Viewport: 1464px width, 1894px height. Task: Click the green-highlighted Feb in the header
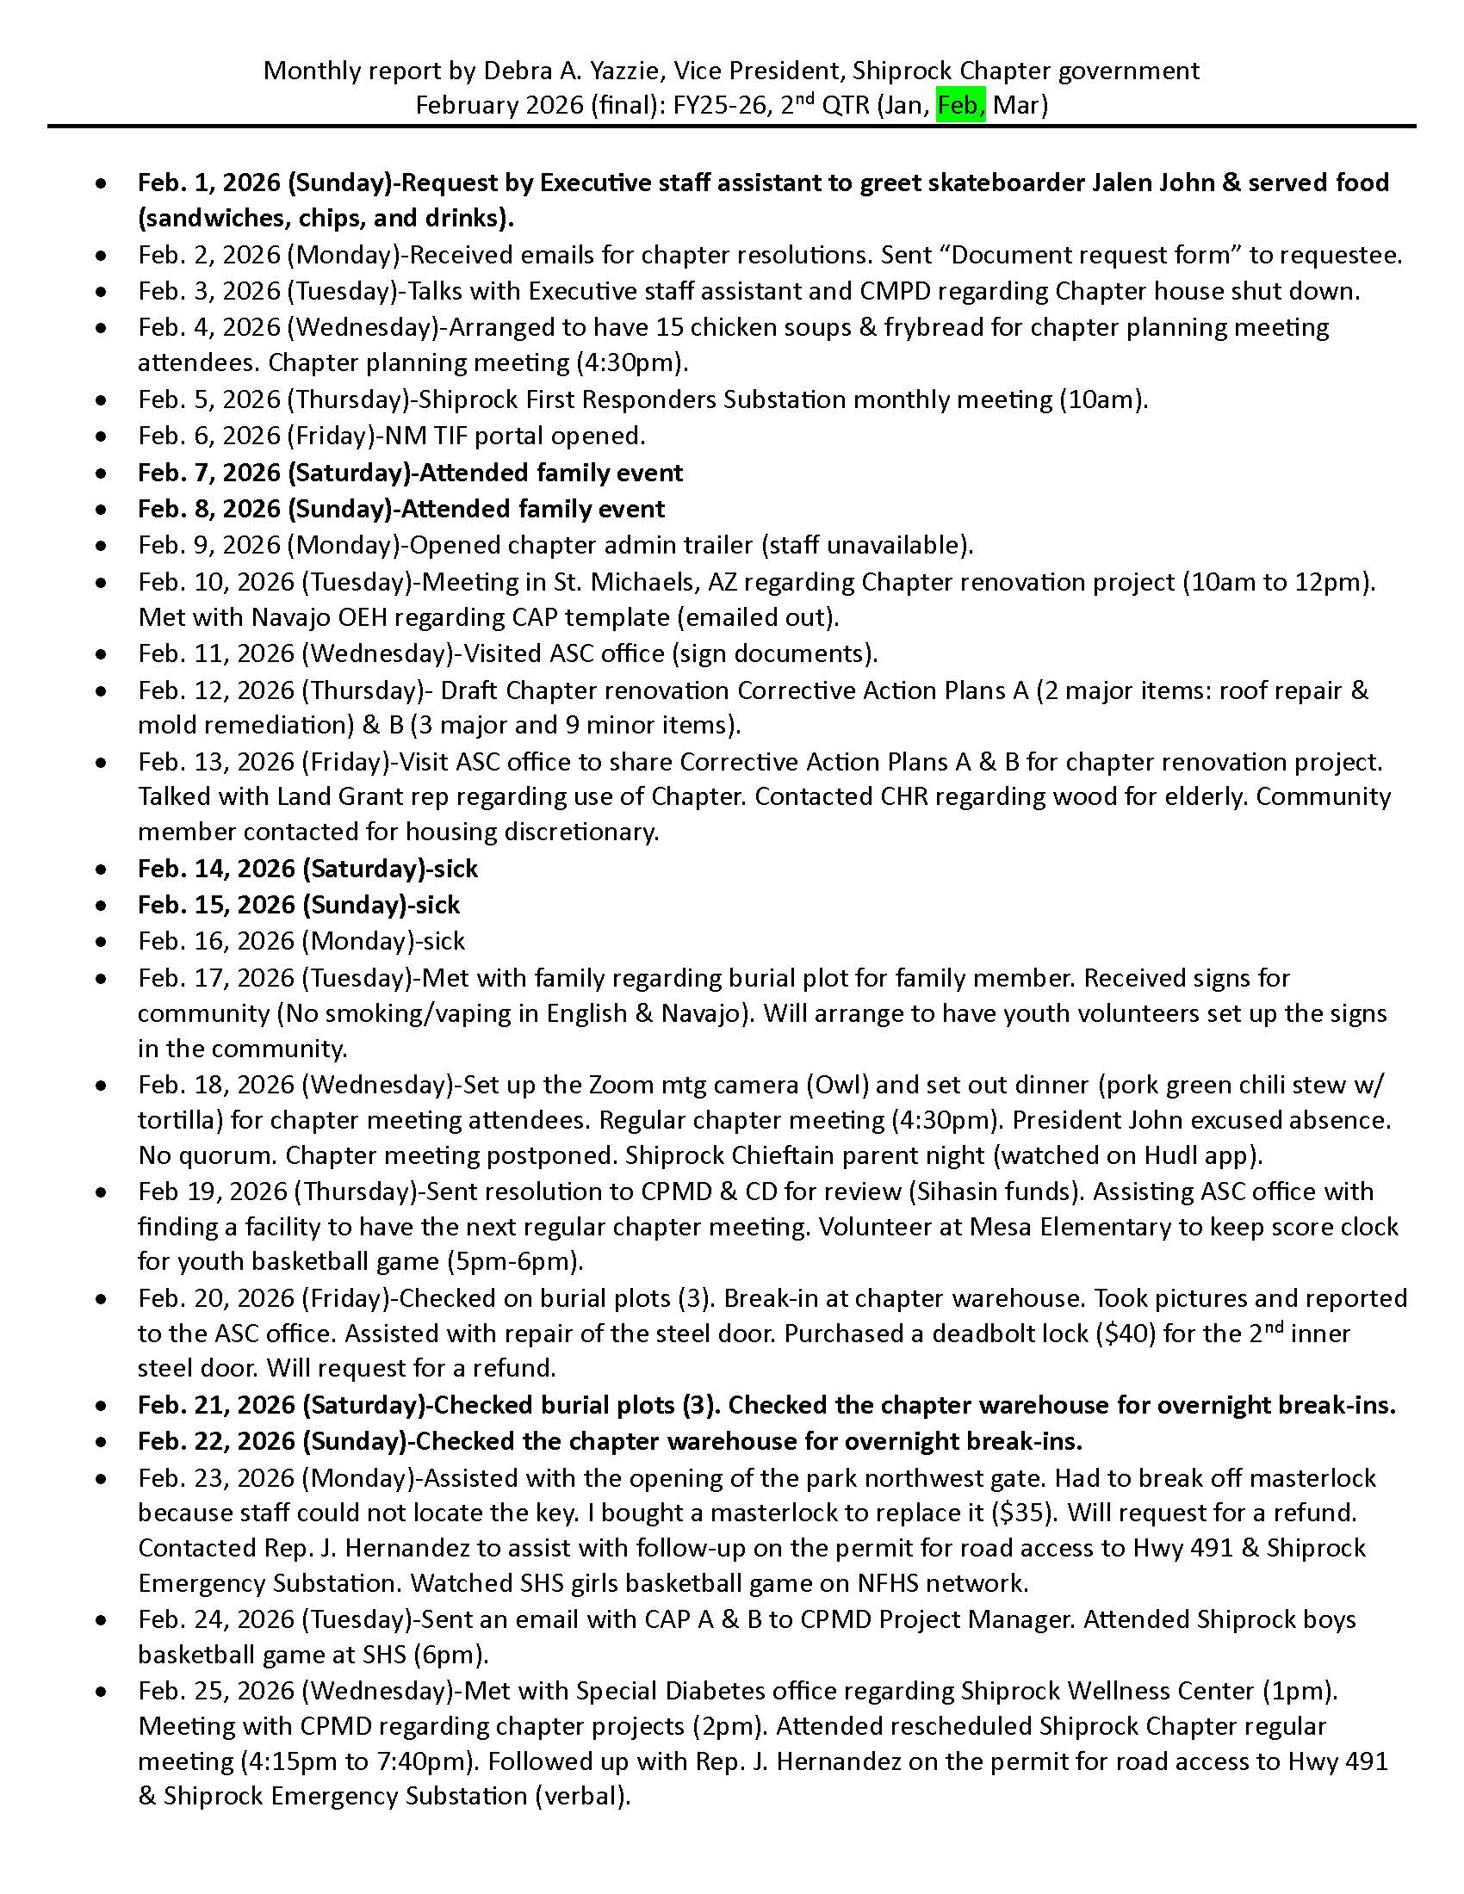pos(960,106)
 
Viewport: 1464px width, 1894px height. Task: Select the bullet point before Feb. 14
pos(102,869)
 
